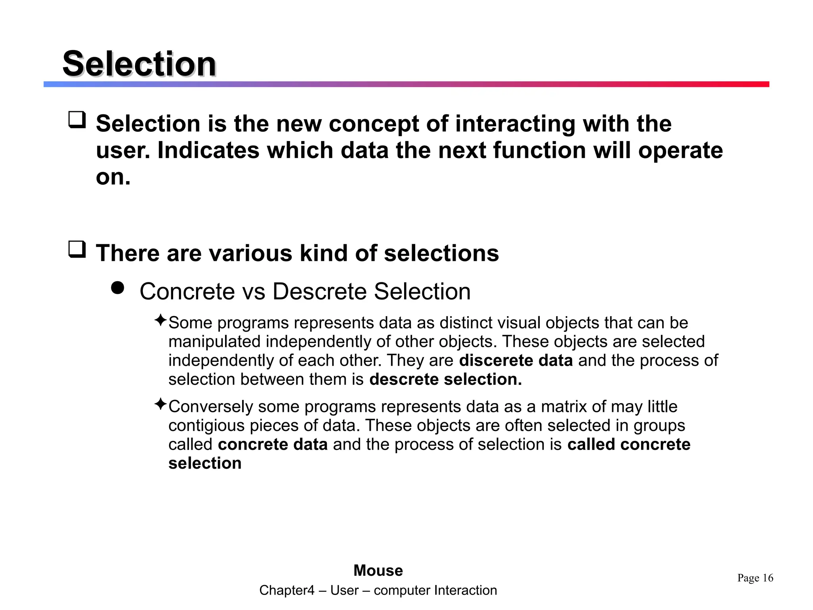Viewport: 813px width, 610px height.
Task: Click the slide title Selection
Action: pos(139,64)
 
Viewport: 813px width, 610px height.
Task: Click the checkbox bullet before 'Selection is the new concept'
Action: pos(77,120)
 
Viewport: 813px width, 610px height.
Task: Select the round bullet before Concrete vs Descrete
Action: pos(118,288)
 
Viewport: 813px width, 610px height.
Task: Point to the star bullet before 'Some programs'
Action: pos(160,320)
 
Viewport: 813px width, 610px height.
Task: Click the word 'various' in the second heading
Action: pos(250,253)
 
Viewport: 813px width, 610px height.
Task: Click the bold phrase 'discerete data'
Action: pos(516,361)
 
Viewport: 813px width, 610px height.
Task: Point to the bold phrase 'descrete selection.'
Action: pos(445,380)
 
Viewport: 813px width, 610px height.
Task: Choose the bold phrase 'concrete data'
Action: pos(273,444)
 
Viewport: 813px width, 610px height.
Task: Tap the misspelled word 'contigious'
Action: pos(206,426)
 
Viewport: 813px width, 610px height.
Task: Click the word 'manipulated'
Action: pos(214,342)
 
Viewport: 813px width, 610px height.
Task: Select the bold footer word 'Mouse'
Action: pos(378,571)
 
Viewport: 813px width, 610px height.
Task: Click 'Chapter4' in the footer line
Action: pos(287,591)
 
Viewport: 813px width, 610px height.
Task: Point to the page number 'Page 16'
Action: pos(755,578)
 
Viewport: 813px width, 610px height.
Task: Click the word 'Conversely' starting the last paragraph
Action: pos(210,407)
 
